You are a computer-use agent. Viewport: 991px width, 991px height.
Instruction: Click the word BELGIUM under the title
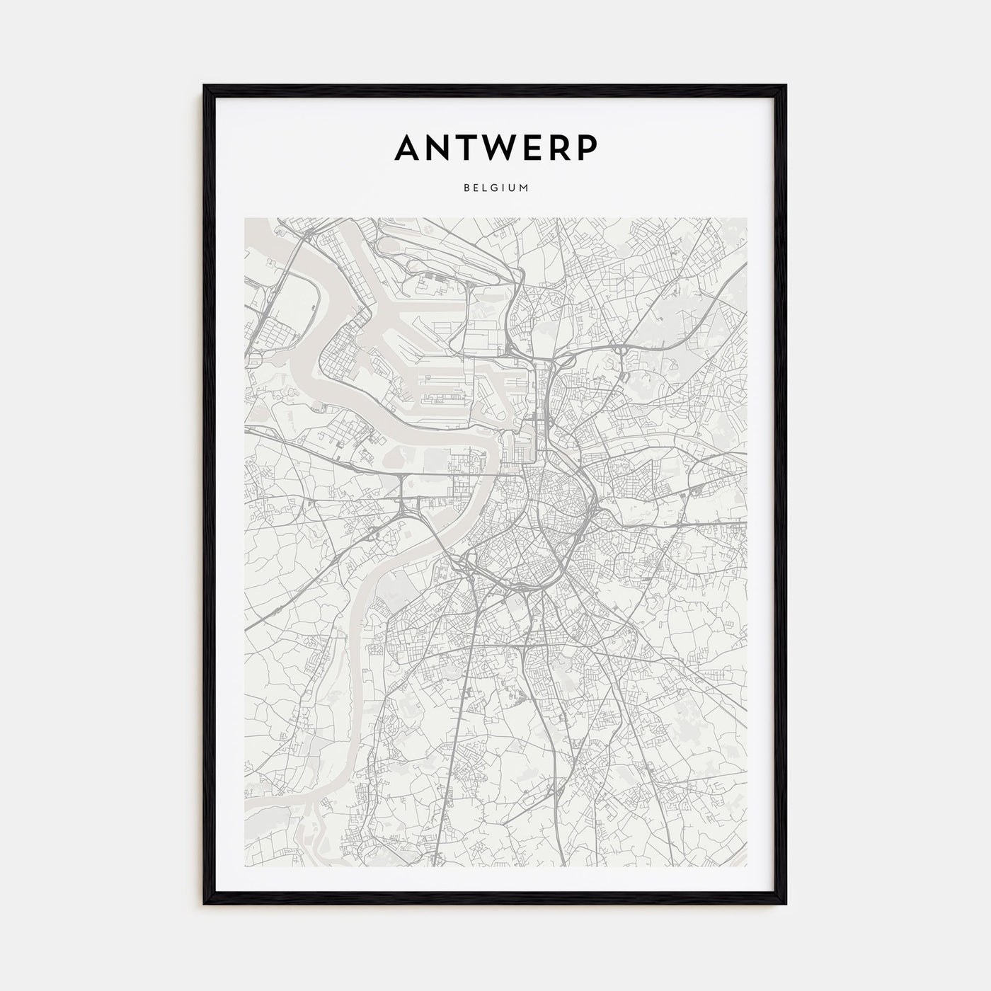pos(495,188)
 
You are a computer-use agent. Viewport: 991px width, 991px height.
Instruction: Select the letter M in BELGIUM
pos(525,188)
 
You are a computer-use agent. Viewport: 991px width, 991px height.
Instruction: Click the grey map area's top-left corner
pos(244,218)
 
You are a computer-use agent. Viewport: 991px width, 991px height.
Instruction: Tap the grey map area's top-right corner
pos(747,218)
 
